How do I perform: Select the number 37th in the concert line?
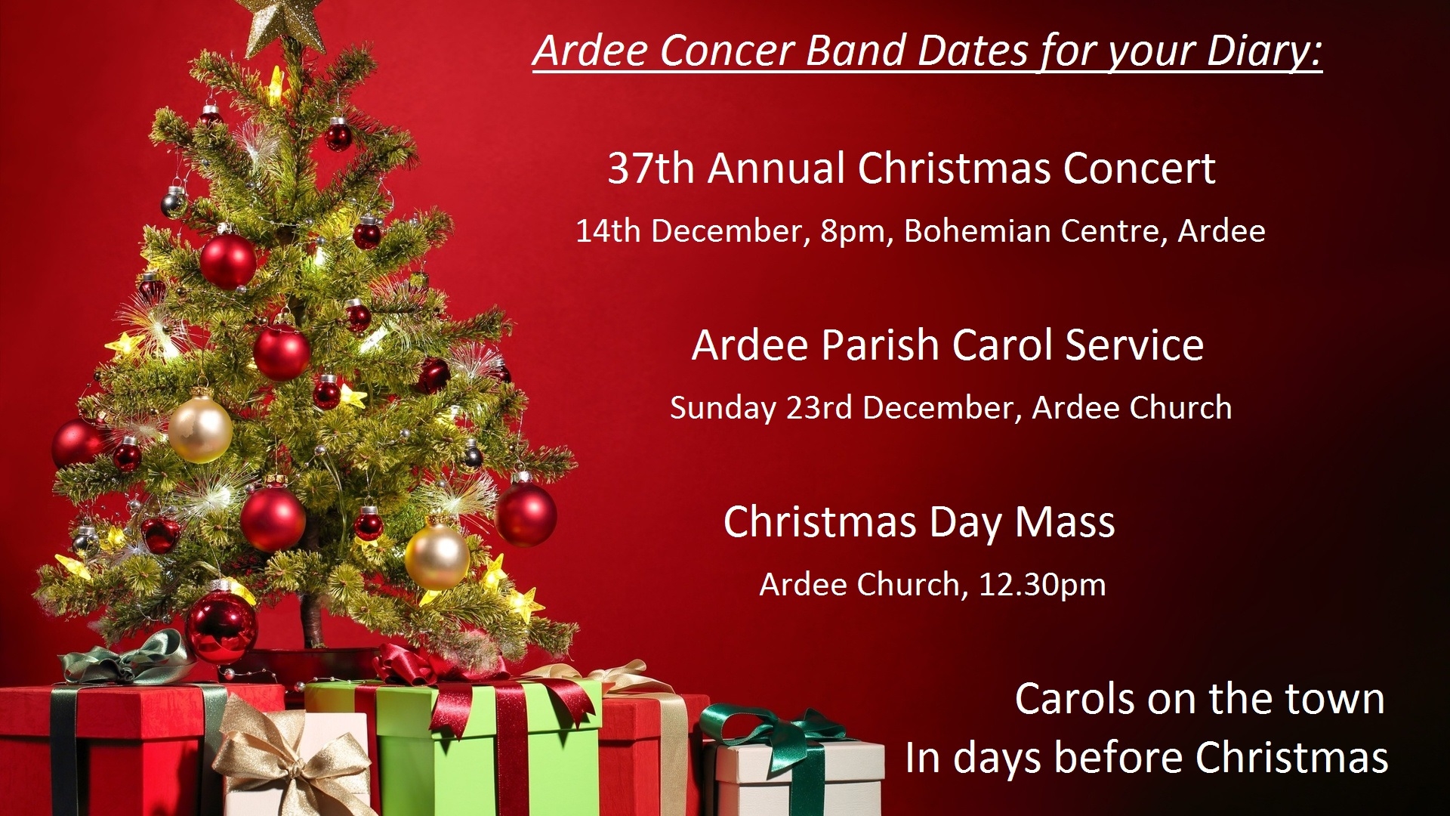tap(651, 168)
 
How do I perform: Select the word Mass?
tap(1064, 522)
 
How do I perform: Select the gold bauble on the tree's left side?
tap(200, 429)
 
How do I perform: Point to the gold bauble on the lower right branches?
tap(437, 556)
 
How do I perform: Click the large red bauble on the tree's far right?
tap(526, 514)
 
